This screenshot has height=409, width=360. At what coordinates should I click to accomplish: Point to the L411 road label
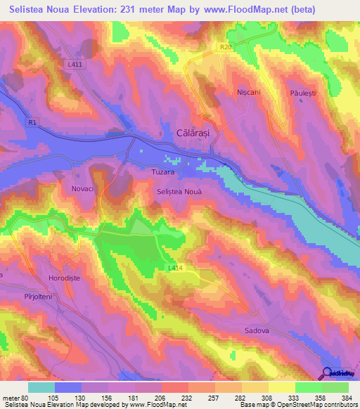[x=75, y=65]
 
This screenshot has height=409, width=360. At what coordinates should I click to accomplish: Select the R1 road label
[x=32, y=122]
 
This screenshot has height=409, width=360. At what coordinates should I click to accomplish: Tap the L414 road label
[x=176, y=268]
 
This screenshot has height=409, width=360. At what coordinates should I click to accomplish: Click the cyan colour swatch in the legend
[x=41, y=387]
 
